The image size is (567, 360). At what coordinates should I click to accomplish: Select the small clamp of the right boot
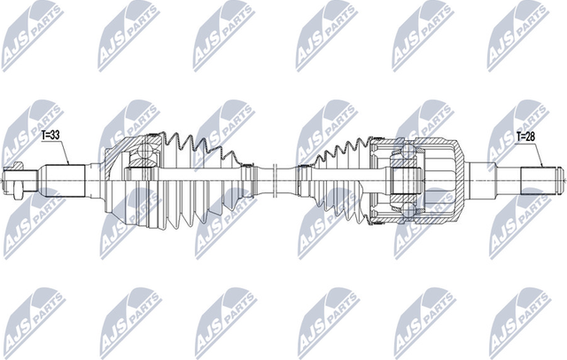click(307, 178)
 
